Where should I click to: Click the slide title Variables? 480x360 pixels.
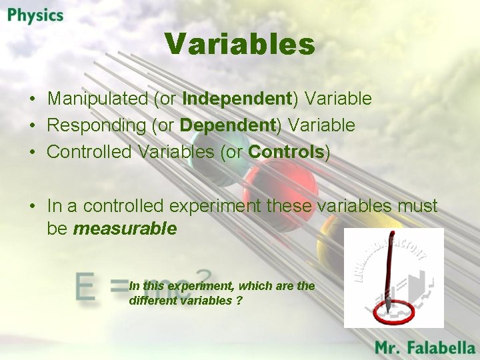pos(239,45)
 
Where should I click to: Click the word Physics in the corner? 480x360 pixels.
pos(35,15)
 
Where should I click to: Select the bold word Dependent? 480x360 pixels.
pos(227,125)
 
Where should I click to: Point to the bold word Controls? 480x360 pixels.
pos(285,152)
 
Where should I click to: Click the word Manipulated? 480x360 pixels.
pos(97,99)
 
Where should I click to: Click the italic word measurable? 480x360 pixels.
pos(125,229)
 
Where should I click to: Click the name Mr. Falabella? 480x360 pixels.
pos(425,347)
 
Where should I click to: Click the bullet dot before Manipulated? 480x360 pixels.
pos(32,99)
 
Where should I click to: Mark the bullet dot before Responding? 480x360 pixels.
pos(32,126)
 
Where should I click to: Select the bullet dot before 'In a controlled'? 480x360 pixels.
pos(32,207)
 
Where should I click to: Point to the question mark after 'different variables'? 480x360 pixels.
pos(239,301)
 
